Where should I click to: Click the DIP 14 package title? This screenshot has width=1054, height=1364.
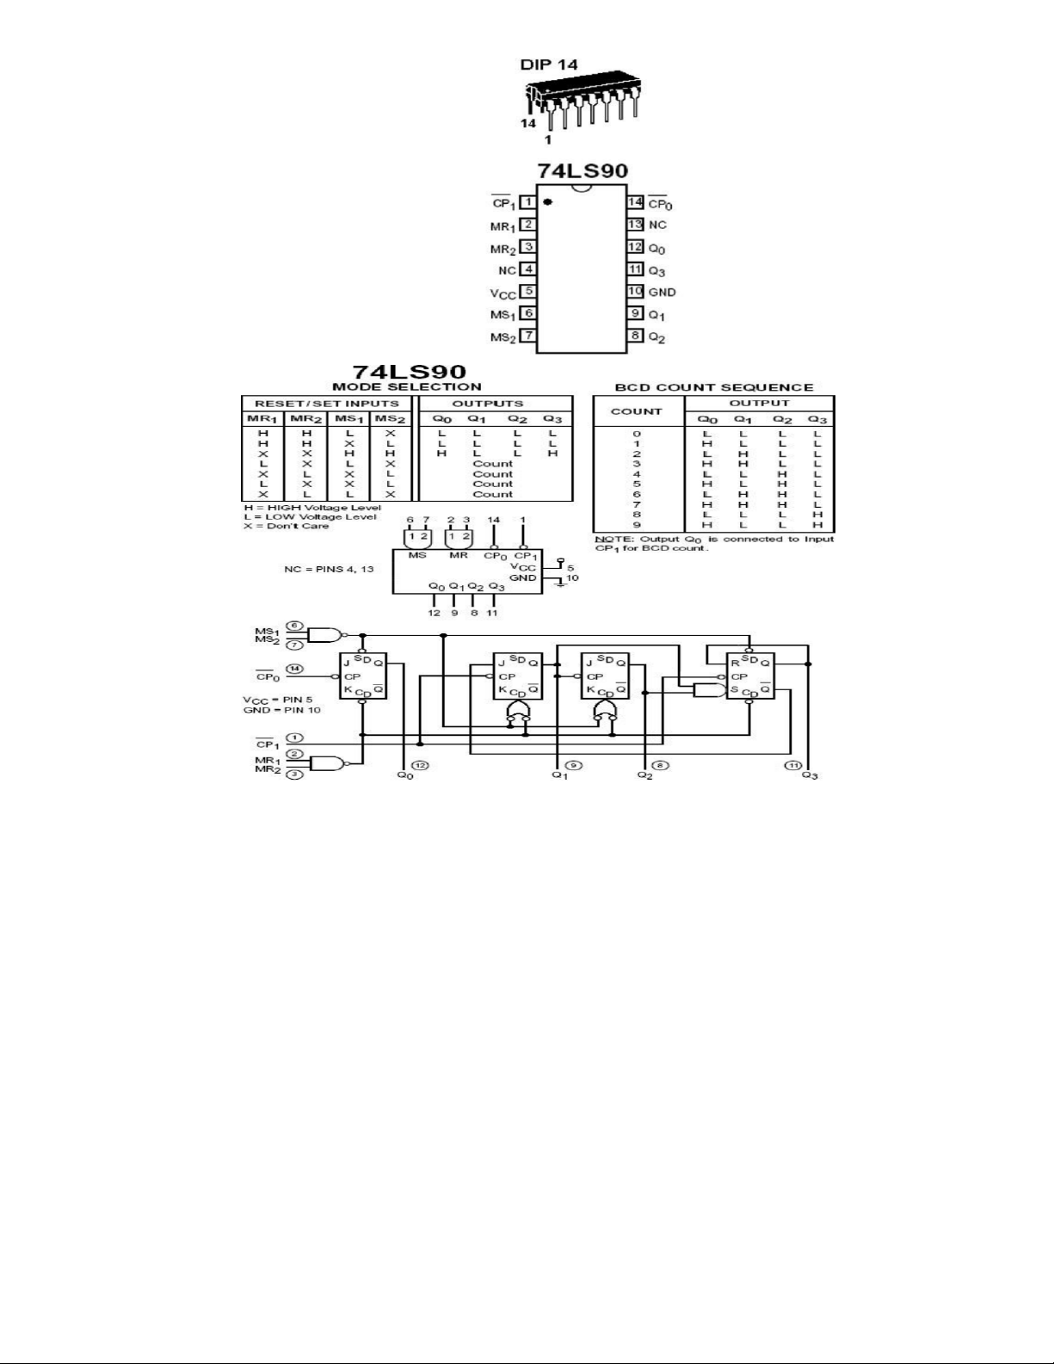[x=548, y=65]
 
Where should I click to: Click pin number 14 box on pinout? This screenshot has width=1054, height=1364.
[x=635, y=202]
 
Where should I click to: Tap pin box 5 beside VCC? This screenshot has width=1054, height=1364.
[x=528, y=292]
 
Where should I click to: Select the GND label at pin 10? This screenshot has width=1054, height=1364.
[x=662, y=293]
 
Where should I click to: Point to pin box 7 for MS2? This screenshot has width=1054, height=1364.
[x=528, y=336]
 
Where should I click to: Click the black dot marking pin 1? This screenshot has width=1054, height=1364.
[x=547, y=203]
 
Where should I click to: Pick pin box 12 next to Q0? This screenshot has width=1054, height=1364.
[x=635, y=247]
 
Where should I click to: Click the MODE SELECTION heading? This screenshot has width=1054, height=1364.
[x=407, y=387]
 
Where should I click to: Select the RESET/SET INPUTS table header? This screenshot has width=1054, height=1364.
[x=327, y=403]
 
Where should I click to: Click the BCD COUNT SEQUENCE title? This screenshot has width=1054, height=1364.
[x=714, y=387]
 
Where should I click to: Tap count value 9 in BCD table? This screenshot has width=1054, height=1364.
[x=637, y=524]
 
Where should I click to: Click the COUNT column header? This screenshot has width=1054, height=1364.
[x=637, y=411]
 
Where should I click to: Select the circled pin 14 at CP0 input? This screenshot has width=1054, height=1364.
[x=295, y=668]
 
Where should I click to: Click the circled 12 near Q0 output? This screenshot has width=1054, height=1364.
[x=420, y=765]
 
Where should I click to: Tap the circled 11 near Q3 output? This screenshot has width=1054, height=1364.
[x=792, y=765]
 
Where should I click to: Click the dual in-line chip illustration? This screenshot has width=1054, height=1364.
[x=582, y=100]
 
